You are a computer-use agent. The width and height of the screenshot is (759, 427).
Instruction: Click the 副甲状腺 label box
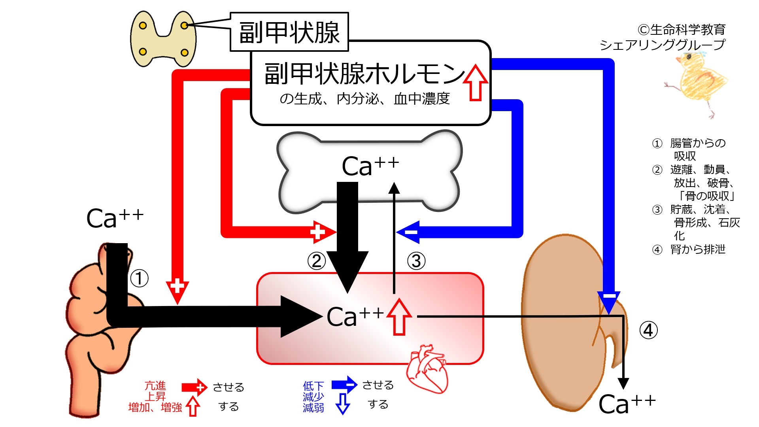coord(289,32)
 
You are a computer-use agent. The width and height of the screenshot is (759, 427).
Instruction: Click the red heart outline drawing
coord(428,368)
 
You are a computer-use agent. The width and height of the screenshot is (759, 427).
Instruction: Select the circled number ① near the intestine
coord(139,278)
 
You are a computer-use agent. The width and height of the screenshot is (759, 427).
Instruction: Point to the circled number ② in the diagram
coord(317,261)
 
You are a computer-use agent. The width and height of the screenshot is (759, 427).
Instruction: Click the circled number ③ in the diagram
coord(416,261)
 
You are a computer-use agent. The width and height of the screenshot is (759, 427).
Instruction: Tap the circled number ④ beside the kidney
coord(648,330)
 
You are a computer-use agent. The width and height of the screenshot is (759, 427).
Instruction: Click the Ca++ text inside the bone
coord(370,166)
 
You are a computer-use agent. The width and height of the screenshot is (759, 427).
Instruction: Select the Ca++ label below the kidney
coord(627,404)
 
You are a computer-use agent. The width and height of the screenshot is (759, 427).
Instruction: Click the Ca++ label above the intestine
coord(115,218)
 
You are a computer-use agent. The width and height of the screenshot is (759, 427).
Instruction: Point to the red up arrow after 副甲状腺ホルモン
coord(476,83)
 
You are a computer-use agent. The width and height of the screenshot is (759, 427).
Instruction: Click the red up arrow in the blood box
coord(399,317)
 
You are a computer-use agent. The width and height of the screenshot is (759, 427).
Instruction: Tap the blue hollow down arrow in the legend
coord(342,404)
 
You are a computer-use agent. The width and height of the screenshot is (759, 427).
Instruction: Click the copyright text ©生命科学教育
coord(682,30)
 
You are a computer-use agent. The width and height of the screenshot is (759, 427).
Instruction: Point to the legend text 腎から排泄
coord(698,249)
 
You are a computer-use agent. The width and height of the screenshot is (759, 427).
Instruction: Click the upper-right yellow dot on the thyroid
coord(184,26)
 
